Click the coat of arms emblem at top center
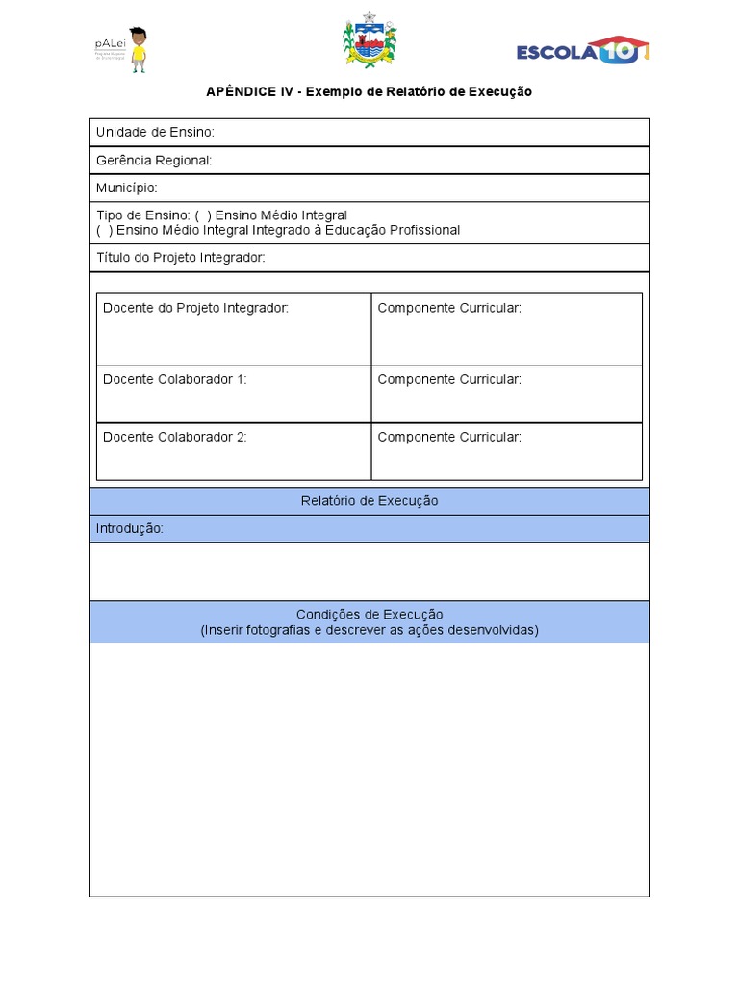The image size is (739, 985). click(x=369, y=40)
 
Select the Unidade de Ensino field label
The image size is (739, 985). click(x=155, y=132)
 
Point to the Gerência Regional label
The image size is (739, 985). click(x=154, y=160)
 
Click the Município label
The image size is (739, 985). click(x=126, y=188)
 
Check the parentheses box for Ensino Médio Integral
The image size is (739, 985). click(x=203, y=215)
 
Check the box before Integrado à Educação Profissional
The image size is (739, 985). click(x=104, y=230)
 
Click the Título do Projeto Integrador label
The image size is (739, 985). click(x=180, y=258)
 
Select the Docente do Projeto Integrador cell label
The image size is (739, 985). click(x=195, y=308)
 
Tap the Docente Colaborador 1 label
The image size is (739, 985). click(x=174, y=379)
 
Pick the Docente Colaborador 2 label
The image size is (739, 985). click(x=174, y=437)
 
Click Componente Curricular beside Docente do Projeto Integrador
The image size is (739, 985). click(x=449, y=308)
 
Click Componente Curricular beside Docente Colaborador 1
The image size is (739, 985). click(x=449, y=379)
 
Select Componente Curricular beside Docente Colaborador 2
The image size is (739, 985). click(x=449, y=437)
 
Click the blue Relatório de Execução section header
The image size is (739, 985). click(x=369, y=501)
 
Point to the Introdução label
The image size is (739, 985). click(x=130, y=529)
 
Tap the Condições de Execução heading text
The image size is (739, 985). click(x=369, y=615)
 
